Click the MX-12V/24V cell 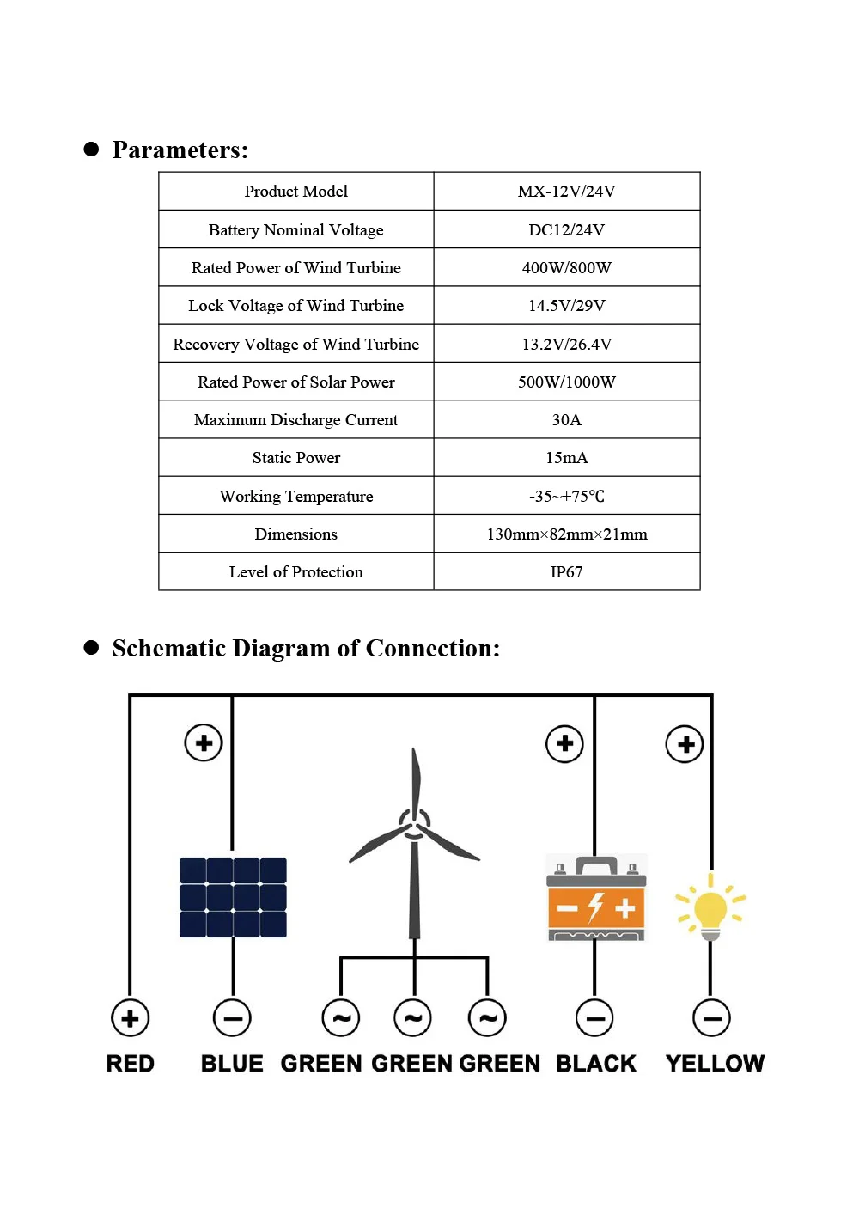coord(566,192)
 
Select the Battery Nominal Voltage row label coord(295,229)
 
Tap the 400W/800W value coord(566,267)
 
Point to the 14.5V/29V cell coord(566,305)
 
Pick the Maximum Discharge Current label coord(295,419)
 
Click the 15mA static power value coord(566,457)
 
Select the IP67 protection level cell coord(566,571)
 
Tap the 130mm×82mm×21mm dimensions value coord(566,534)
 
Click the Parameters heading coord(180,150)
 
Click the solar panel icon coord(233,897)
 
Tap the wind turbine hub coord(415,825)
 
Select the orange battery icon coord(596,899)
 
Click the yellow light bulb coord(710,909)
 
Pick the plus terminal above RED coord(131,1018)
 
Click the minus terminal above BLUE coord(232,1018)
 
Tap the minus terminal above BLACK coord(594,1018)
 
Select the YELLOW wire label coord(715,1064)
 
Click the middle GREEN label coord(412,1064)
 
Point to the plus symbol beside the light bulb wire coord(685,744)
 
